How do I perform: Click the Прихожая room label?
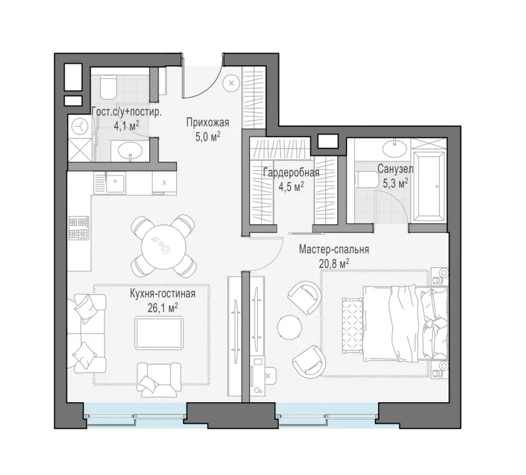point(208,123)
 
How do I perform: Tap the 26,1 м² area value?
point(162,307)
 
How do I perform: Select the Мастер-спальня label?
point(334,250)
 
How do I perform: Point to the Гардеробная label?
point(291,173)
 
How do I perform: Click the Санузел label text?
point(395,170)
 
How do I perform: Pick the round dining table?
point(163,247)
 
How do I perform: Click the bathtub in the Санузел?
point(430,187)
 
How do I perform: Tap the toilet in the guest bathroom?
point(108,87)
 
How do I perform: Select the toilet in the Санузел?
point(366,179)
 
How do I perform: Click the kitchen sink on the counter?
point(116,182)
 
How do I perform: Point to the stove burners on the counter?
point(79,227)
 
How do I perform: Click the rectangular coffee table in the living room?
point(159,333)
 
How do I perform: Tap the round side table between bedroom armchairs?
point(289,327)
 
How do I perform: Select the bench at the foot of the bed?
point(352,325)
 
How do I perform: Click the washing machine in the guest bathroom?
point(80,127)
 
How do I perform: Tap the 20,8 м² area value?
point(334,263)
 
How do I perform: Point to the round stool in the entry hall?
point(231,83)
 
